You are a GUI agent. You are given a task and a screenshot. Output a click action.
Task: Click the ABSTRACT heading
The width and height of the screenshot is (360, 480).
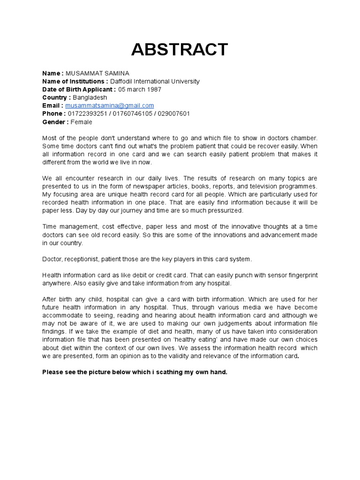(x=180, y=50)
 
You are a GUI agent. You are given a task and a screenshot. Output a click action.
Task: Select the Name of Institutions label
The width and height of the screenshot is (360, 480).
(x=75, y=81)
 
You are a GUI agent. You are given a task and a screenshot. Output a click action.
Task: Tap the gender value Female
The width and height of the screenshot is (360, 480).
(x=82, y=122)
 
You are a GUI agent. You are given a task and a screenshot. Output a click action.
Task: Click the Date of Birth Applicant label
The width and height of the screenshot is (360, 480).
(x=78, y=89)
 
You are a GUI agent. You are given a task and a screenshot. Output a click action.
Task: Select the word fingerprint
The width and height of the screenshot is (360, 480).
(x=297, y=275)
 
